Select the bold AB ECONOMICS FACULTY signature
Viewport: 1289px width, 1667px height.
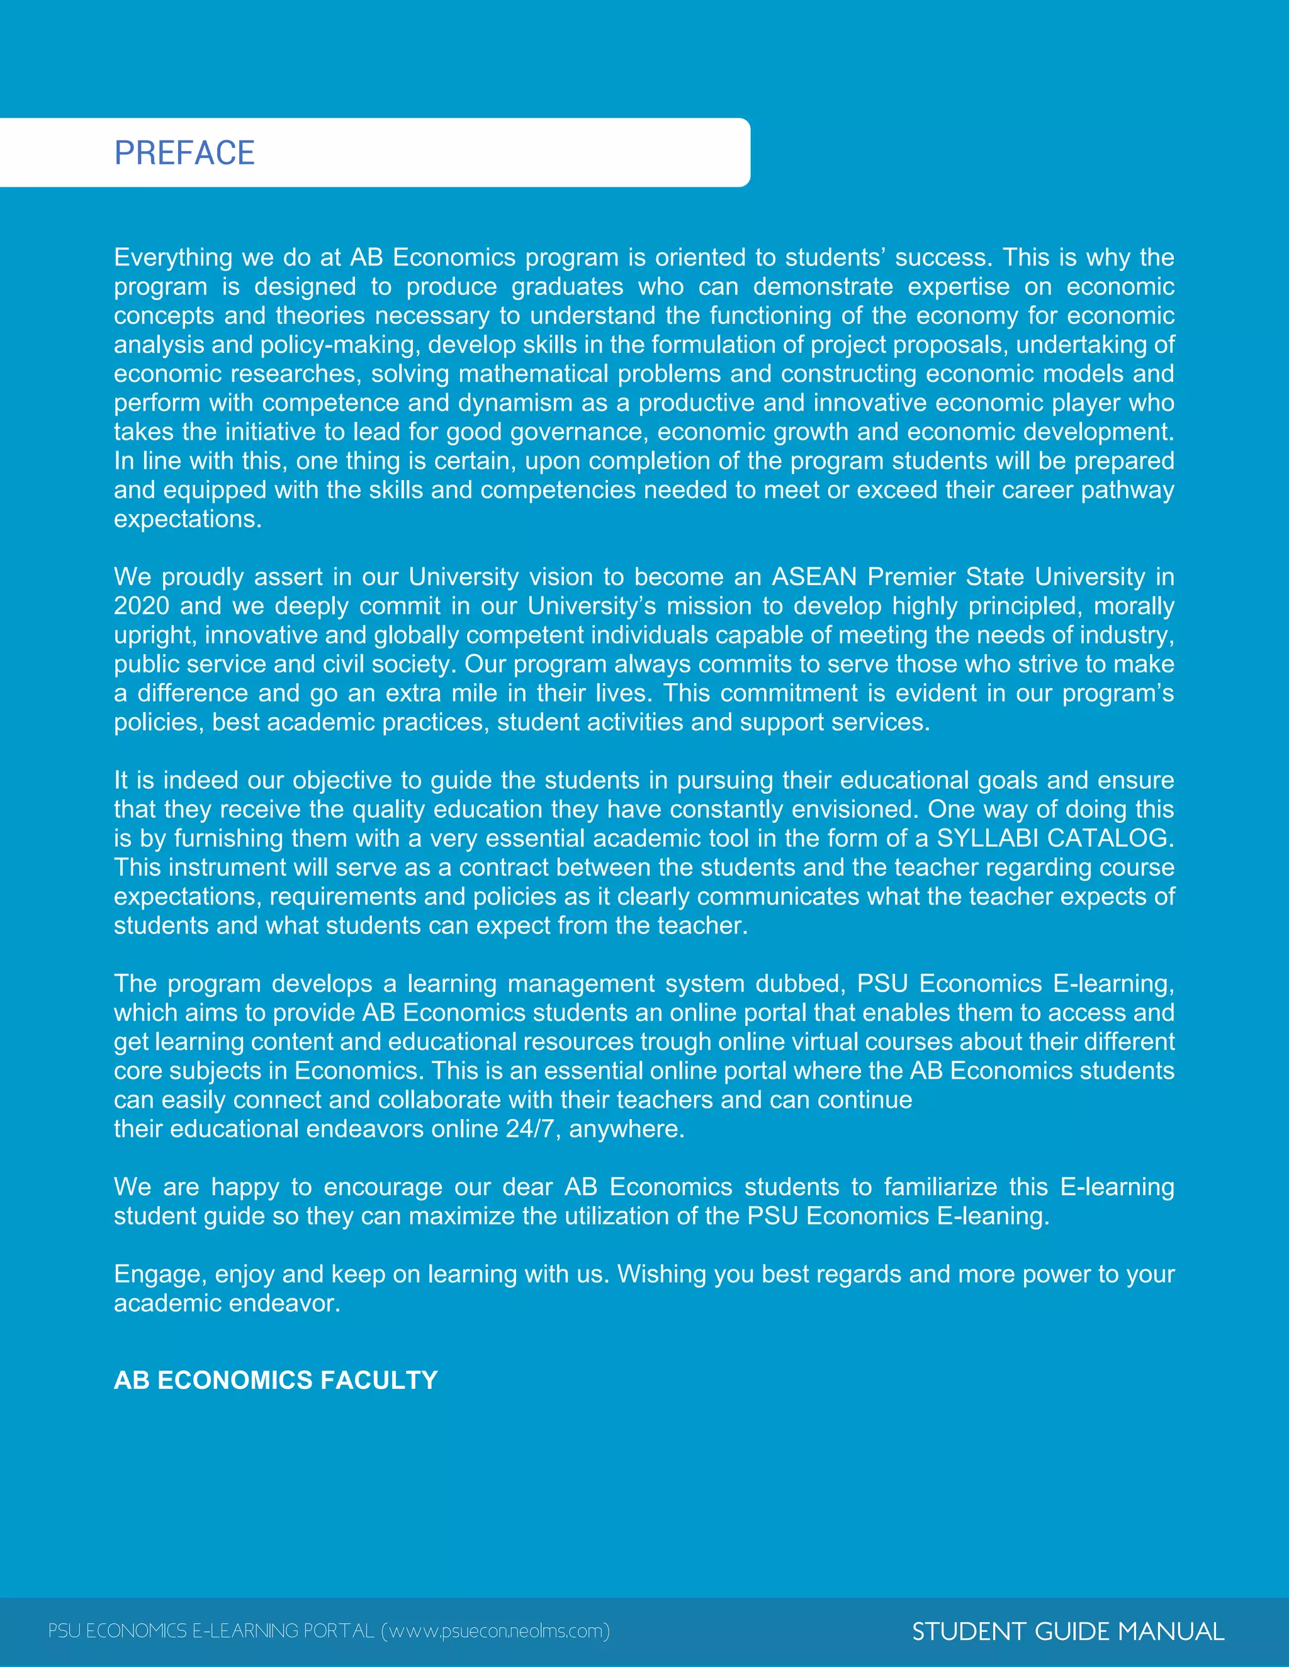click(x=276, y=1380)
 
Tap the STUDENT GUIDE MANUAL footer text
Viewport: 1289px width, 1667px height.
click(x=1067, y=1631)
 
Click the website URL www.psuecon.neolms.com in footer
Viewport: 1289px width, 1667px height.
click(x=495, y=1631)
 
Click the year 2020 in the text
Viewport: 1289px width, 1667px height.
click(x=141, y=606)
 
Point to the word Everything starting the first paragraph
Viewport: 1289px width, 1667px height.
click(x=173, y=258)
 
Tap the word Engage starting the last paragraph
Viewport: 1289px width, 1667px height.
click(x=160, y=1274)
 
